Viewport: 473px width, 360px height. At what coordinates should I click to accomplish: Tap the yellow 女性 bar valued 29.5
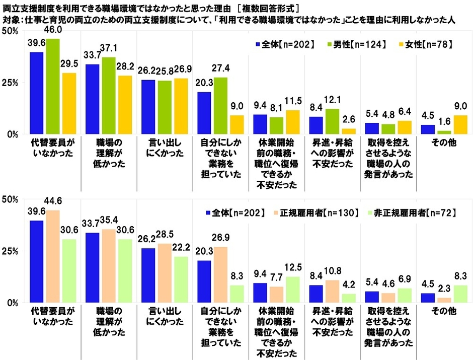coord(69,104)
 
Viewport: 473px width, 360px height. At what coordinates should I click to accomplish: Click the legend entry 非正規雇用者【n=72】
coord(416,213)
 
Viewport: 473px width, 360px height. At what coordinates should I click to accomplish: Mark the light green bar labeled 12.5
coord(292,290)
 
